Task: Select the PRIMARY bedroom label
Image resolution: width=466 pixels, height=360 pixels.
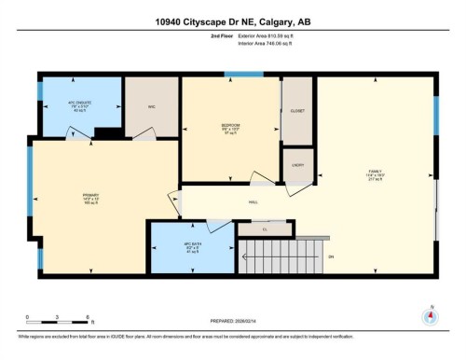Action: tap(90, 196)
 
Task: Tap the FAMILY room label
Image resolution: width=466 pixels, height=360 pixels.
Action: tap(375, 173)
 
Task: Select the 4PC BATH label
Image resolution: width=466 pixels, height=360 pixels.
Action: tap(194, 245)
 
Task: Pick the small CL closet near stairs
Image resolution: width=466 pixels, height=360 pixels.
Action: tap(265, 228)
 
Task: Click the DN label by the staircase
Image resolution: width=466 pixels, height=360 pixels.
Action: tap(330, 257)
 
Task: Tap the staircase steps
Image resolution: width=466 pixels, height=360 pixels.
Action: tap(271, 257)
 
